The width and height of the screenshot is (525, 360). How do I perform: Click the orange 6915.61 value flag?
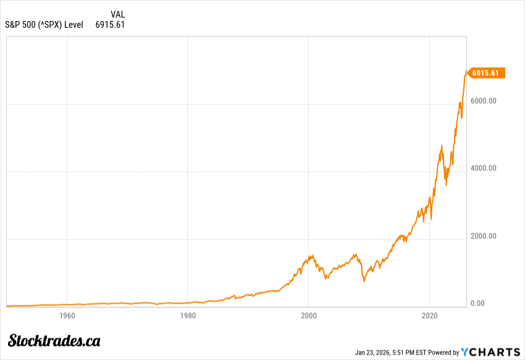click(x=487, y=73)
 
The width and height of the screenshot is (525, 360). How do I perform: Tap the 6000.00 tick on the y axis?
click(x=484, y=101)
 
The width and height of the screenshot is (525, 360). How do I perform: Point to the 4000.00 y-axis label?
click(x=484, y=168)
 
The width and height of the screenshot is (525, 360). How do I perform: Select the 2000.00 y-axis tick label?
click(x=484, y=236)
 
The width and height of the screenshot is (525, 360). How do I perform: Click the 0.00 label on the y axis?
click(x=478, y=303)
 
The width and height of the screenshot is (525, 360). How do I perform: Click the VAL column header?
click(x=117, y=14)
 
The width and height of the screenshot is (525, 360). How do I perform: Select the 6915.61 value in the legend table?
click(x=110, y=25)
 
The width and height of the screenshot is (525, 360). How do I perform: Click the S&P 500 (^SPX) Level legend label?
click(x=44, y=25)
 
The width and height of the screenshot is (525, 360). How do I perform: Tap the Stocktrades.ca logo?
click(x=54, y=340)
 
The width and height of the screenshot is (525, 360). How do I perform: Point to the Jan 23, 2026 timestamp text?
click(x=390, y=353)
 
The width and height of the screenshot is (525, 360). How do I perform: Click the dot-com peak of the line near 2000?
click(x=309, y=256)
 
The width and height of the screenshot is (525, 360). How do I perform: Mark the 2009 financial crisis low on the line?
click(x=364, y=282)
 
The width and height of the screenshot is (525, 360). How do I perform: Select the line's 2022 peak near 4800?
click(x=442, y=146)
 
